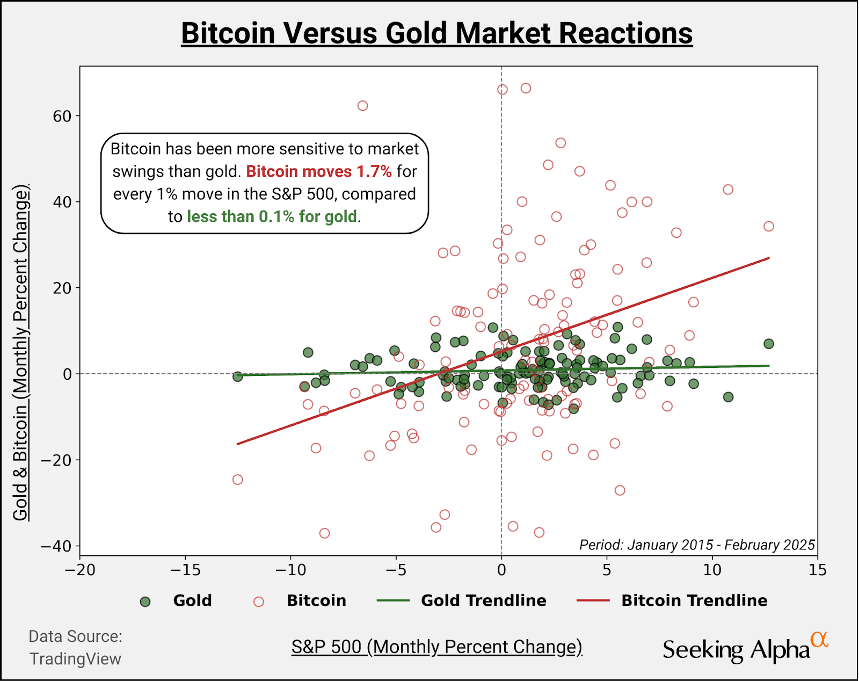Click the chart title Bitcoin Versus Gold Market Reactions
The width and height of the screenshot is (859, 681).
point(436,33)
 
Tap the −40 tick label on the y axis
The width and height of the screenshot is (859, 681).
point(56,546)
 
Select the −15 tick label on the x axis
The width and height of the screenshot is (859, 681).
point(185,570)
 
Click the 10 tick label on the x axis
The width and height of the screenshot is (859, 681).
point(712,570)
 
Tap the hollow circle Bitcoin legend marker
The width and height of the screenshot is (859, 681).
point(259,602)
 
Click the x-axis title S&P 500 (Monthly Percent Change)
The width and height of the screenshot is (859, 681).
point(436,647)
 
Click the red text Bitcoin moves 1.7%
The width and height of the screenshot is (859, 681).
point(319,171)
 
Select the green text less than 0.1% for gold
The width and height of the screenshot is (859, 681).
point(272,216)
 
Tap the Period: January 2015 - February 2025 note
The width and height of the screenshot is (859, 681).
point(697,545)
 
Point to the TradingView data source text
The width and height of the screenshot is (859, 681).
point(75,659)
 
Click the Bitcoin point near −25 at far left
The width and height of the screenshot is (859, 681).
point(238,480)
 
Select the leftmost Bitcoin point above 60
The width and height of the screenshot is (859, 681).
point(363,106)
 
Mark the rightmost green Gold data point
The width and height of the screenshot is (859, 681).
point(769,344)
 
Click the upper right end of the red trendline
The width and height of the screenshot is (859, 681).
point(768,259)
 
